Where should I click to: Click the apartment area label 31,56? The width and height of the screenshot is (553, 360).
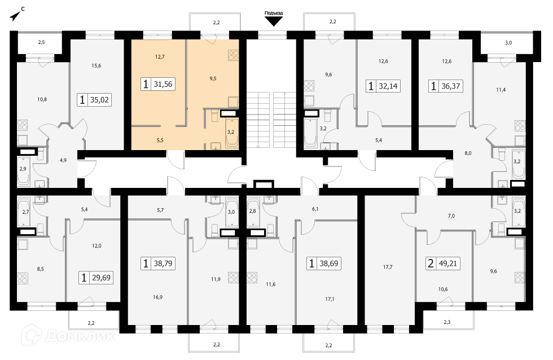point(163,84)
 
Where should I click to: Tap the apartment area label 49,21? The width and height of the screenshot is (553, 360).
point(448,264)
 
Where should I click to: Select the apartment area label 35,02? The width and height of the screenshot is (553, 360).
point(99,100)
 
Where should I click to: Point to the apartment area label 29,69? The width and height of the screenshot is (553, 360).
point(101,278)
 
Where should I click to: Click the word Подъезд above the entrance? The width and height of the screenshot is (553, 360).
point(274,13)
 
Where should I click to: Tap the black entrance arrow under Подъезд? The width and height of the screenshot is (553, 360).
point(274,22)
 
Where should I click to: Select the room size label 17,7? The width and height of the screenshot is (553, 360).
point(388,267)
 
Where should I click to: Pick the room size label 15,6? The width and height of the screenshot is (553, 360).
point(96,65)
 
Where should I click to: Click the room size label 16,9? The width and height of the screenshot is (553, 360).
point(157,297)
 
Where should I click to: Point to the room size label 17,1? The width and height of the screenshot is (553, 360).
point(330,299)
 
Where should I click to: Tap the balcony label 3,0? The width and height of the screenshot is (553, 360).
point(508,43)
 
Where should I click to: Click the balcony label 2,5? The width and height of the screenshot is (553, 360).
point(41,42)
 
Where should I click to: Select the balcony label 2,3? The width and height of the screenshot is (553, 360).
point(447,322)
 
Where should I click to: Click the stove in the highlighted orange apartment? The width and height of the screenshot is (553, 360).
point(234,55)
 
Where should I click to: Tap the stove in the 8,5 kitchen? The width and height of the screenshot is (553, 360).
point(22,278)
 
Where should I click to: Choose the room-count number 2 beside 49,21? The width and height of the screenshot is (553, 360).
point(431,264)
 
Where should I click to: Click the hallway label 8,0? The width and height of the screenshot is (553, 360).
point(468,153)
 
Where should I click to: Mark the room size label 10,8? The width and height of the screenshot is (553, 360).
point(42,99)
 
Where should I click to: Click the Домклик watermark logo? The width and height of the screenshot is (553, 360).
point(68,336)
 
